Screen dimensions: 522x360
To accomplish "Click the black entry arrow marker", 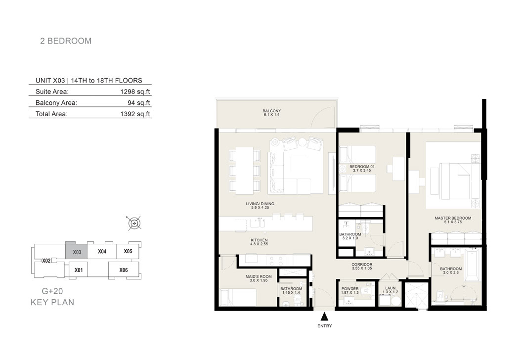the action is [x=324, y=316].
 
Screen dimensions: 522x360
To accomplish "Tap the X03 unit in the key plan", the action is [x=76, y=251].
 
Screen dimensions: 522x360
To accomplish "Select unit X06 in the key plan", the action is [x=124, y=270].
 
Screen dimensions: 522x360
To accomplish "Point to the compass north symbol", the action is [x=134, y=223].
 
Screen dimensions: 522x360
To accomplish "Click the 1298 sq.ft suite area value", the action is [x=135, y=91].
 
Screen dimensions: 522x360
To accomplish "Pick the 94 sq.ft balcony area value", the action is [x=139, y=102].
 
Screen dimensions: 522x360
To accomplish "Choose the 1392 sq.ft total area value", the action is [x=135, y=114].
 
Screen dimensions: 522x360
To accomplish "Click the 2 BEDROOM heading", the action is [x=66, y=41].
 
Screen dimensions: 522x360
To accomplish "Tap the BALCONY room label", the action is [x=272, y=111].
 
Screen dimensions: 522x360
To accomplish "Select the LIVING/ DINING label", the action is [x=260, y=204].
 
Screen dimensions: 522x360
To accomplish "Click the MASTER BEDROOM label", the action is [x=453, y=218].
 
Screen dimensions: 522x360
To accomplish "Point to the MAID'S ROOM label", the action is [x=259, y=276].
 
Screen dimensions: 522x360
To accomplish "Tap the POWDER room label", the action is [x=350, y=289].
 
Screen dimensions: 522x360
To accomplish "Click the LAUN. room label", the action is [x=391, y=288].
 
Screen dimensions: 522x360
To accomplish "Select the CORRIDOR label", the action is [x=362, y=265].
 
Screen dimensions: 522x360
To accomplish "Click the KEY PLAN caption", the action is [x=52, y=302].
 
